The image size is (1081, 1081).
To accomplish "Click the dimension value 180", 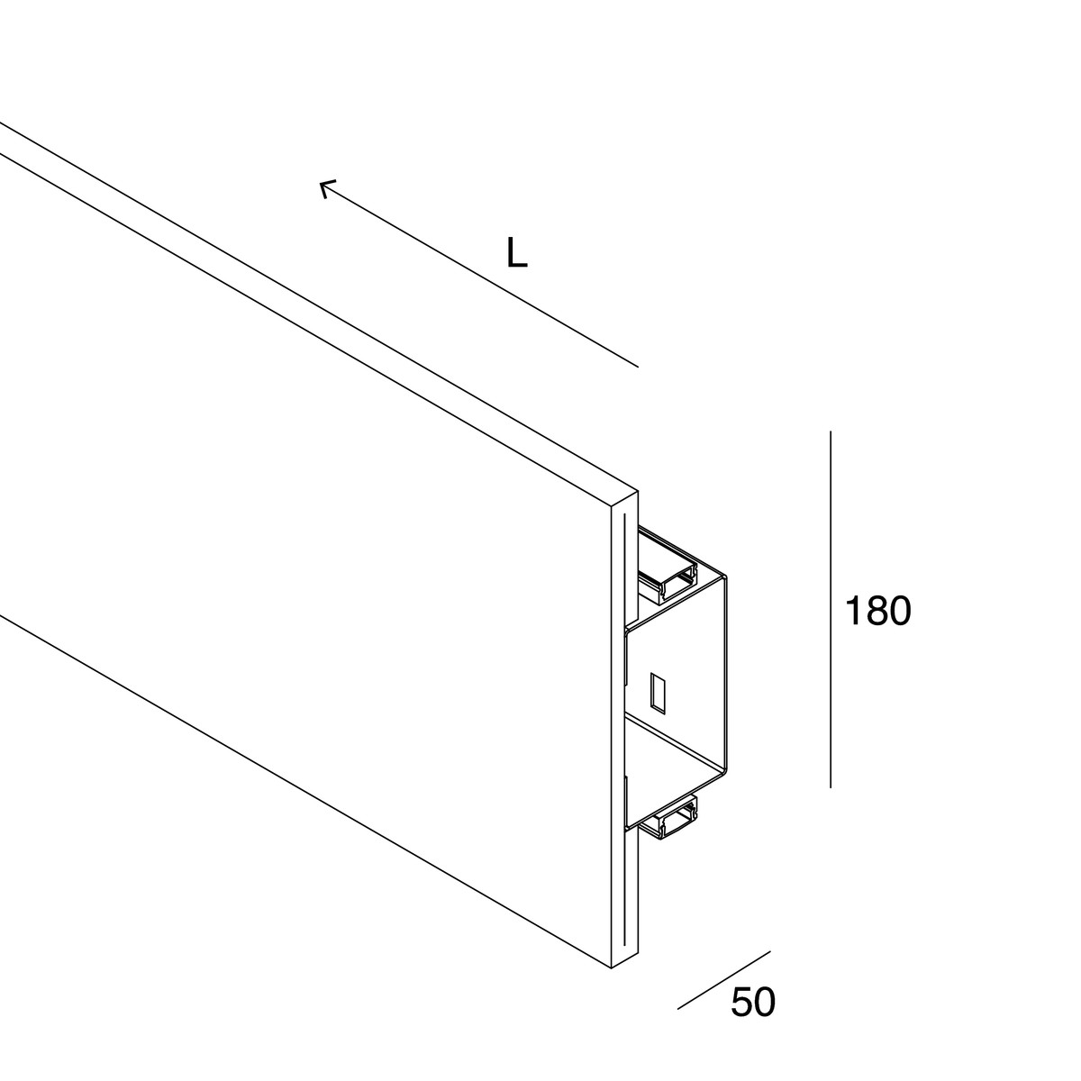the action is pos(878,611).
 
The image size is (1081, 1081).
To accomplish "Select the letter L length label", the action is pos(517,252).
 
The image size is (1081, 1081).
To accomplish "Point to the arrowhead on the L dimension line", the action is pos(325,187).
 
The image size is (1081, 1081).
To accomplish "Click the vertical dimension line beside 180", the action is pos(831,610).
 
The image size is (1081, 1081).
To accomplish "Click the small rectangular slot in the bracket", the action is pos(658,694).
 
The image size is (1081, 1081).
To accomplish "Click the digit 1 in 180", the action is pos(852,611).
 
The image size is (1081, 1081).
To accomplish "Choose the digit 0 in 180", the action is pos(900,611).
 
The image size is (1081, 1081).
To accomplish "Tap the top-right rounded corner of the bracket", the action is pos(724,577).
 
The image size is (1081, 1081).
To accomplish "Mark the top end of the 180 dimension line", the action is pos(831,431).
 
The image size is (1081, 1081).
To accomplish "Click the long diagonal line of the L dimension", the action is pos(479,275).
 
